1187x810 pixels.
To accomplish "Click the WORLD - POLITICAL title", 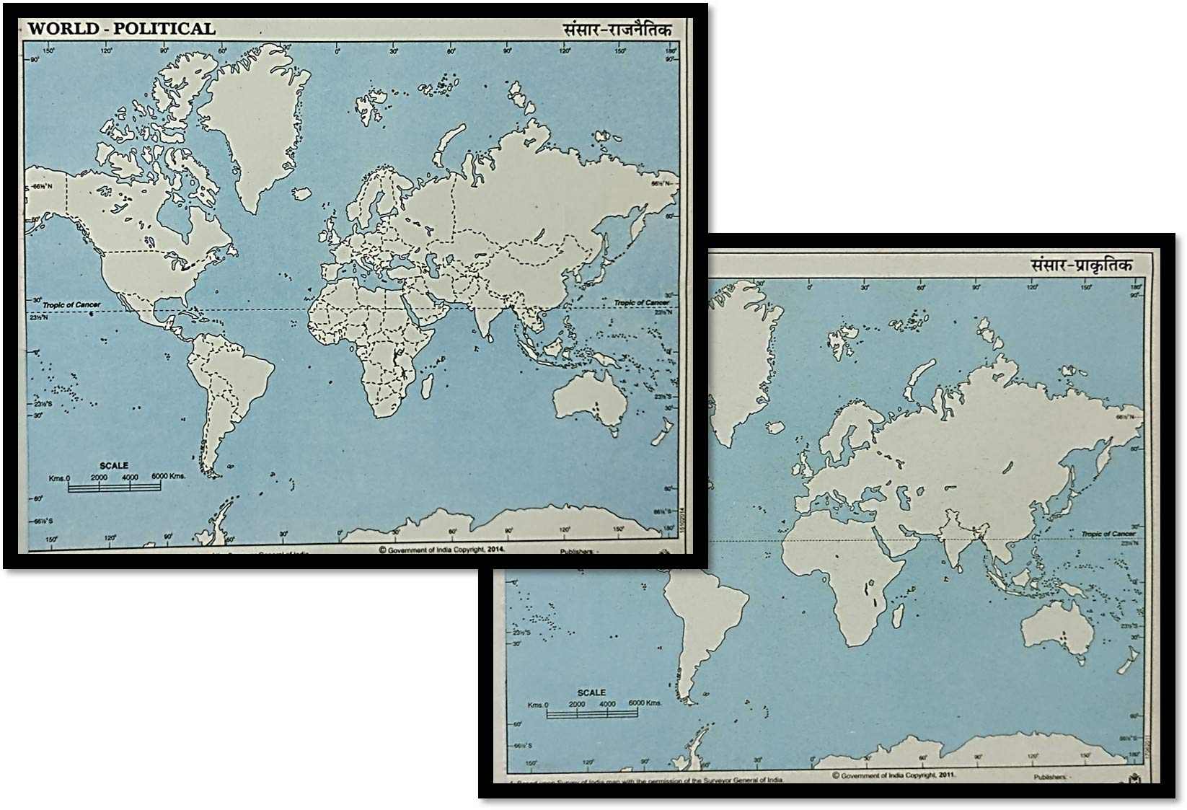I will [x=121, y=29].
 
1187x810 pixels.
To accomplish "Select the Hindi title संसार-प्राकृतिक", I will [x=1081, y=265].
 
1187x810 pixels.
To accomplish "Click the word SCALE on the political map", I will [x=114, y=466].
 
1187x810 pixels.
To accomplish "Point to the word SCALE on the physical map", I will [x=591, y=692].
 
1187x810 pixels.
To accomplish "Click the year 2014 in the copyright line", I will [x=493, y=549].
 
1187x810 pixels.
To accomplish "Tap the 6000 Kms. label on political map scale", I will [x=167, y=477].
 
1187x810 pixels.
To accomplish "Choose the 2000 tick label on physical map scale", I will [x=576, y=704].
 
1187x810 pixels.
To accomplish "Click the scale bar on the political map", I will [x=114, y=487].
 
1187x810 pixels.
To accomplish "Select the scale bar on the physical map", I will [x=591, y=714].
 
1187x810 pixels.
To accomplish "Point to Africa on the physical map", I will [x=844, y=584].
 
